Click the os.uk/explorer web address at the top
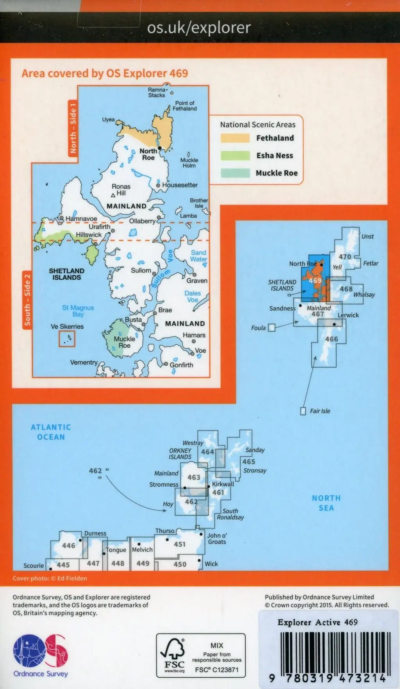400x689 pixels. [x=199, y=28]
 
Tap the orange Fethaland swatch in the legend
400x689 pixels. [x=235, y=138]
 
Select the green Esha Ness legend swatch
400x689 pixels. [x=235, y=155]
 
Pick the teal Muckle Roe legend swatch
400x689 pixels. [x=235, y=173]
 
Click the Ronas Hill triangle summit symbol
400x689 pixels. [x=113, y=195]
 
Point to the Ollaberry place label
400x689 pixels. [x=142, y=221]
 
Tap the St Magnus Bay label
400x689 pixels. [x=78, y=311]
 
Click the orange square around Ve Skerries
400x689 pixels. [x=67, y=339]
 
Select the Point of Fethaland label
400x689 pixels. [x=185, y=106]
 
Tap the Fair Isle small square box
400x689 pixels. [x=303, y=411]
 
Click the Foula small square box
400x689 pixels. [x=271, y=328]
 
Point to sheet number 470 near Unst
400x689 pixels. [x=345, y=257]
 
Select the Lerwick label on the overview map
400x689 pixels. [x=348, y=315]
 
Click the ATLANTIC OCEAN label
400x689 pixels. [x=51, y=432]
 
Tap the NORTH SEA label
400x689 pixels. [x=326, y=503]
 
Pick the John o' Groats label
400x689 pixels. [x=217, y=539]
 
